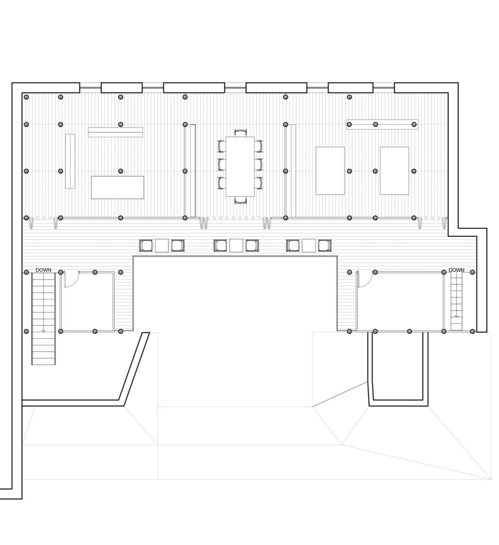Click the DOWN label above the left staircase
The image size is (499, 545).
44,270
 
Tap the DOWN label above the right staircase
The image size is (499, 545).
456,270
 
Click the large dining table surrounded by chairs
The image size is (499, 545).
240,166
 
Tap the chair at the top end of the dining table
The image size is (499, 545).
240,133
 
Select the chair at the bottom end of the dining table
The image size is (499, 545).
240,200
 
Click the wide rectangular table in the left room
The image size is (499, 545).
118,187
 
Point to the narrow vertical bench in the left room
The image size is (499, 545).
70,161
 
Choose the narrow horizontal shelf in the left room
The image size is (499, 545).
116,132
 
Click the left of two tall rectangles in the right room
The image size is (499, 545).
330,171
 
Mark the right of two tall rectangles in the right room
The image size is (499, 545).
394,171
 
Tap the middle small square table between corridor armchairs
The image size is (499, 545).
236,245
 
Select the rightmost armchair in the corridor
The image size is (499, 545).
324,245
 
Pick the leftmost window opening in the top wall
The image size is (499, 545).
91,88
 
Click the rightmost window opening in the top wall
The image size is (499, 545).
383,88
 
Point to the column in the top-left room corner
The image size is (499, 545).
27,97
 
